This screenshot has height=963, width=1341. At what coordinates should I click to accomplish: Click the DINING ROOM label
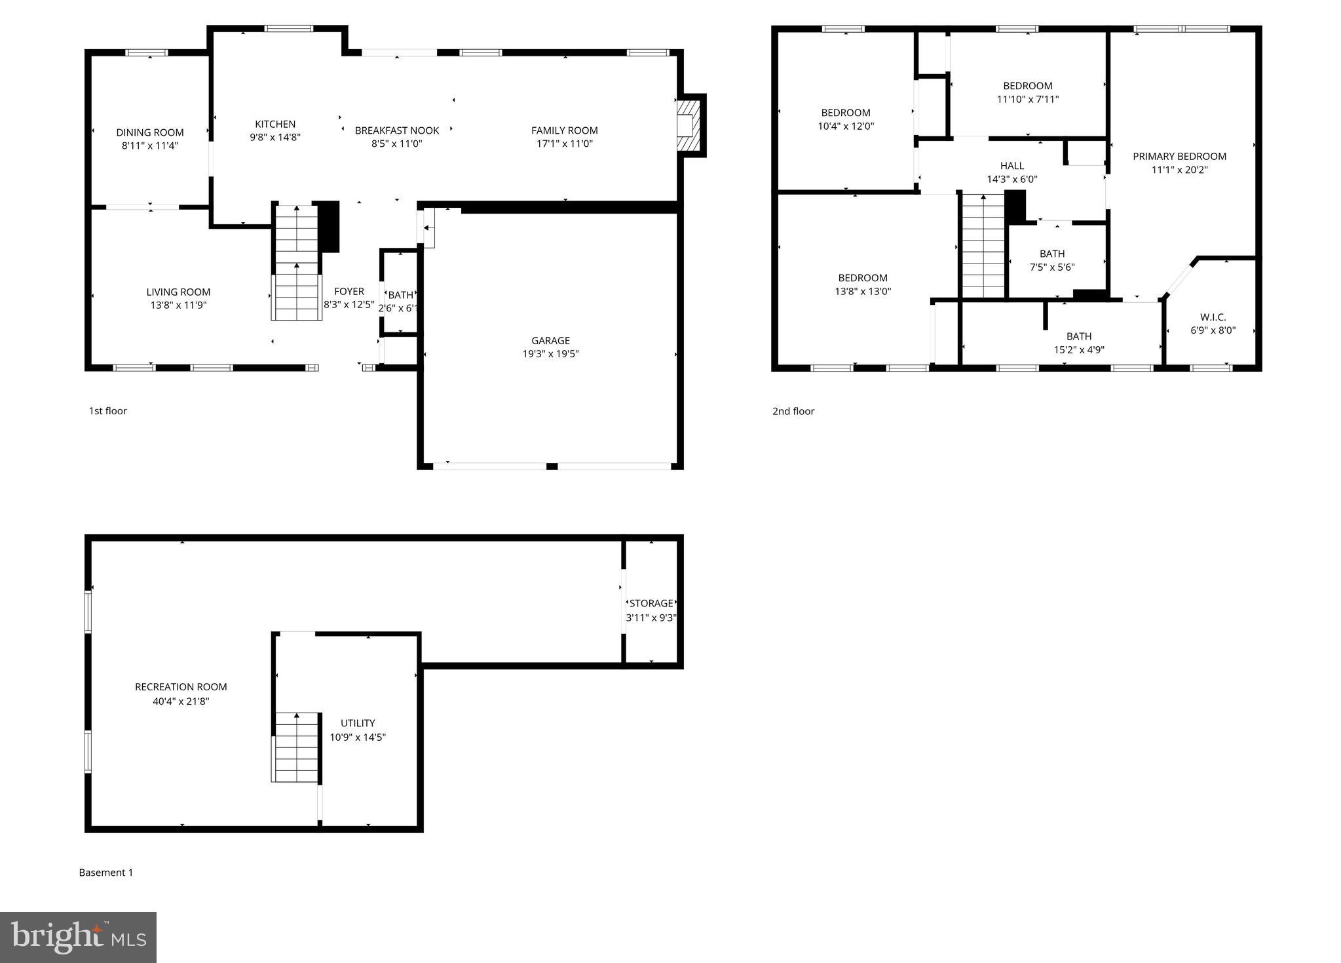click(150, 132)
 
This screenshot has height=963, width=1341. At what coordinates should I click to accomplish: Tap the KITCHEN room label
click(275, 124)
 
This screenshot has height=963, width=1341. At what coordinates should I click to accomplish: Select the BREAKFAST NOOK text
click(397, 130)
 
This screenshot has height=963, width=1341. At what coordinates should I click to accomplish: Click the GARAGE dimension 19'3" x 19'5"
click(550, 354)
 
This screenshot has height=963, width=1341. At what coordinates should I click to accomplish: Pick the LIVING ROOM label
click(178, 292)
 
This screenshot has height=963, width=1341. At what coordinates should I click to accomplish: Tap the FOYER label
click(349, 291)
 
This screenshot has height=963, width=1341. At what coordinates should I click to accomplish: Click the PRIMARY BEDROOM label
click(1179, 156)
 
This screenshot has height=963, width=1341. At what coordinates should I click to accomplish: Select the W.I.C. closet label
click(1213, 317)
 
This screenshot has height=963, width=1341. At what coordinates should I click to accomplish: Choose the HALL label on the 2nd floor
click(1012, 166)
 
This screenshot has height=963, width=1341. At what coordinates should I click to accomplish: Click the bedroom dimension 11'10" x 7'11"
click(1028, 100)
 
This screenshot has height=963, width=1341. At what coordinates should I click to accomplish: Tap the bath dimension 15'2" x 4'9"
click(1079, 350)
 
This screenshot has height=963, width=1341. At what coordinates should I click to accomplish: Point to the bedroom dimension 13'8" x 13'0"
click(863, 292)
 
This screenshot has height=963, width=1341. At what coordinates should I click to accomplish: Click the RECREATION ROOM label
click(181, 687)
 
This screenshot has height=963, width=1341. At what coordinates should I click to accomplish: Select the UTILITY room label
click(358, 723)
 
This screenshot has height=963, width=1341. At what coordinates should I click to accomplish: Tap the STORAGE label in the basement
click(651, 603)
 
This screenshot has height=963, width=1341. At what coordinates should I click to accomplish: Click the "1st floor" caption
click(108, 411)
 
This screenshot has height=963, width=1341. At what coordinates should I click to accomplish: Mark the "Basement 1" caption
click(106, 873)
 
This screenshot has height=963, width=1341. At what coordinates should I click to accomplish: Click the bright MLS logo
click(78, 937)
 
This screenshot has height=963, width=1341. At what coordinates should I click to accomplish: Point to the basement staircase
click(297, 747)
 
